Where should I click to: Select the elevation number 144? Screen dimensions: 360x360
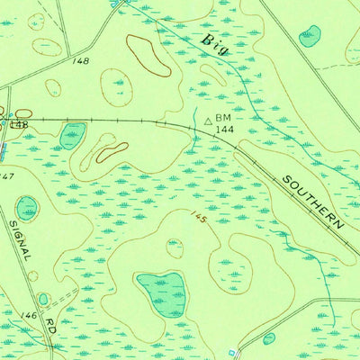click(226, 130)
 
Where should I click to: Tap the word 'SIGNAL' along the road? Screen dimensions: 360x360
click(21, 240)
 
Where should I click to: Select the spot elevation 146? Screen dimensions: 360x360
click(29, 316)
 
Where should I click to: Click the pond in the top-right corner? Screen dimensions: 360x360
click(310, 36)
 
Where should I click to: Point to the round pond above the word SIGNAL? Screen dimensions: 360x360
click(28, 207)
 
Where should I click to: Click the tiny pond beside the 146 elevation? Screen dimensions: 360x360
click(42, 299)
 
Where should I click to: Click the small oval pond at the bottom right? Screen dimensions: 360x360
click(268, 338)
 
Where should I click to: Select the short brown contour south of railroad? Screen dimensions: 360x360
click(112, 152)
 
